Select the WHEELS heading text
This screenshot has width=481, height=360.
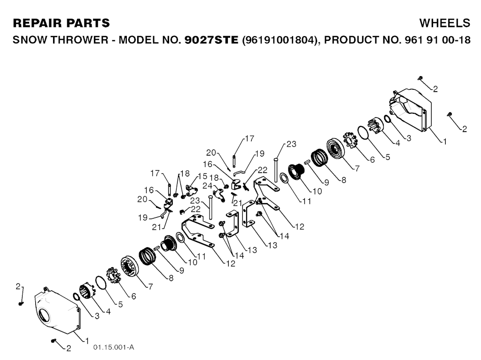[444, 23]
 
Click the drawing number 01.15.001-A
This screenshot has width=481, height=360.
[114, 347]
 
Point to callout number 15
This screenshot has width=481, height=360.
[202, 176]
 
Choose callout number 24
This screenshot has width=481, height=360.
[207, 186]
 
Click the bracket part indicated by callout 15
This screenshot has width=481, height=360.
[191, 190]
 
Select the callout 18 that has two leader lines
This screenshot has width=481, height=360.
[184, 173]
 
